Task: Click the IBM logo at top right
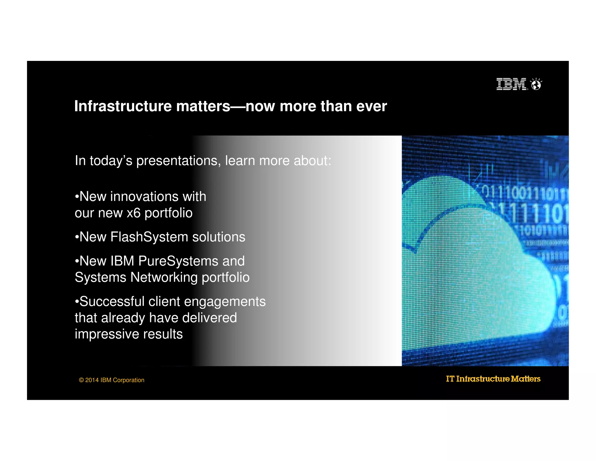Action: click(511, 84)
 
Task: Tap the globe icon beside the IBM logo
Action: click(536, 85)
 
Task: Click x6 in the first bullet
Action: click(134, 213)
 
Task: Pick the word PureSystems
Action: click(178, 261)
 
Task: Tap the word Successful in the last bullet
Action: click(112, 302)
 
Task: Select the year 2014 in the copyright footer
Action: click(92, 380)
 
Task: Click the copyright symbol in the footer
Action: click(81, 380)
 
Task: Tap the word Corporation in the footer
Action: click(128, 380)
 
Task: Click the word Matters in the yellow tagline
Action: click(526, 379)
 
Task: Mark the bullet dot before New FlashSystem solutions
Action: click(77, 237)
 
